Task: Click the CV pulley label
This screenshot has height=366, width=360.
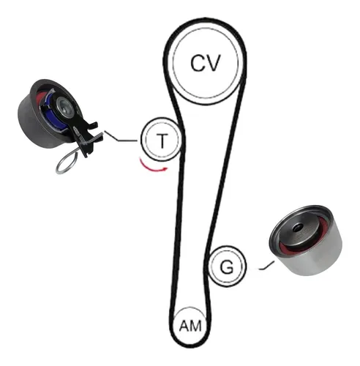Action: pyautogui.click(x=206, y=63)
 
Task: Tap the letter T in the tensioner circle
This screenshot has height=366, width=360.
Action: pyautogui.click(x=162, y=141)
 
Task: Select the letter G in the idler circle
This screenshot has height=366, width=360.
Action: pyautogui.click(x=227, y=266)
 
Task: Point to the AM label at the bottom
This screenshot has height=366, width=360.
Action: pyautogui.click(x=190, y=326)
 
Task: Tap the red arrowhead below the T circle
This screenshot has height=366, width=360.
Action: pyautogui.click(x=166, y=168)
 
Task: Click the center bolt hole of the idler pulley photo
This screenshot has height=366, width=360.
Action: pyautogui.click(x=298, y=228)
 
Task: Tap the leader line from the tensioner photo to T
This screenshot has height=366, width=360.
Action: pyautogui.click(x=120, y=137)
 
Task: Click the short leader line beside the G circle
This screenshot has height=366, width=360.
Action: pyautogui.click(x=266, y=266)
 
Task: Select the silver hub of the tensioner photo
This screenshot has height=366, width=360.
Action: pyautogui.click(x=64, y=106)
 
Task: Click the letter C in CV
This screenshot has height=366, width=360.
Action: pyautogui.click(x=198, y=63)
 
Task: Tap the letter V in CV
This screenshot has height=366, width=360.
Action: pyautogui.click(x=213, y=63)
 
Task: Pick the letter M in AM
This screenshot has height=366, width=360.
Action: pyautogui.click(x=196, y=326)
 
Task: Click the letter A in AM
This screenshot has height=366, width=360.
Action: pyautogui.click(x=184, y=326)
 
